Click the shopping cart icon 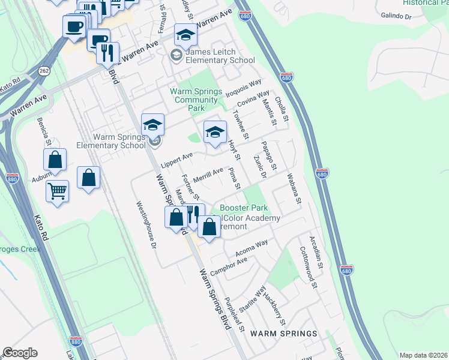click(58, 191)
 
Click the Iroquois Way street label click(244, 87)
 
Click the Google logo click(20, 353)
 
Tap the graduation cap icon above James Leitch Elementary click(185, 35)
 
